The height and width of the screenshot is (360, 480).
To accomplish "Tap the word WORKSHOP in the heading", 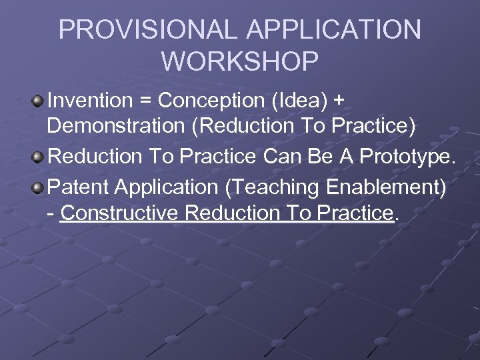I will tap(240, 61).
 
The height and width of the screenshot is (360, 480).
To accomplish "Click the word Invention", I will tap(90, 101).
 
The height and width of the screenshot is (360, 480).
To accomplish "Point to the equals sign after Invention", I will tap(146, 101).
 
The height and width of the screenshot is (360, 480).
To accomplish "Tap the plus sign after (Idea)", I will tap(339, 101).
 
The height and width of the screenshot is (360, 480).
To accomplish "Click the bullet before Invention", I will tap(37, 101).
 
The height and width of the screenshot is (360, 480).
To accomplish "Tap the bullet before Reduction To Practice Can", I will tap(37, 157).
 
